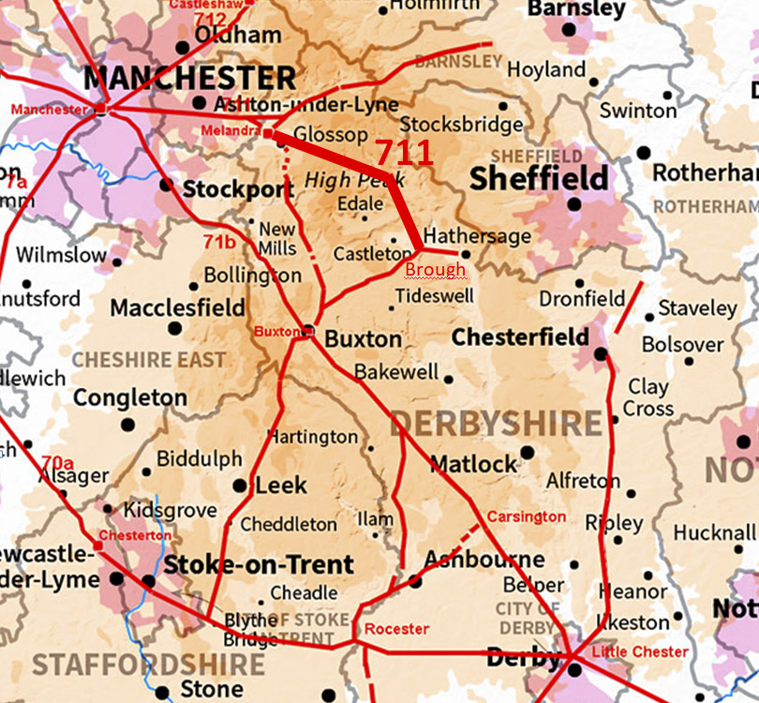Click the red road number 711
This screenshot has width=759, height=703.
pos(404,153)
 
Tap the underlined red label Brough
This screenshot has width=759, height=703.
pos(435,270)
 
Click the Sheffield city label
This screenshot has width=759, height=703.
pos(538,178)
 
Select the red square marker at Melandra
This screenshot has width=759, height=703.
pos(267,134)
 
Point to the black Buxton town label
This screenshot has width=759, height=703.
pos(363,339)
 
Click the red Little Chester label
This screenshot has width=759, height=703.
pos(640,651)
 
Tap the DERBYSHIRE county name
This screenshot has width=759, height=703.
pos(497,424)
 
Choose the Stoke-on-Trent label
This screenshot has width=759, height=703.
pos(260,565)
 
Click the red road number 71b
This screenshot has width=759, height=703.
pos(219,242)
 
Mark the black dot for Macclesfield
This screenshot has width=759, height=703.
pos(174,328)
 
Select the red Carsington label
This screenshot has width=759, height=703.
pos(526,516)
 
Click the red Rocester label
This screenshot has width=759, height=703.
pos(396,628)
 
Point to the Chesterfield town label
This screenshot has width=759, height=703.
pos(520,337)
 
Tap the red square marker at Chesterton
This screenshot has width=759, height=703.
pos(97,546)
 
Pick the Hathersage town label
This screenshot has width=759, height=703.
pos(477,235)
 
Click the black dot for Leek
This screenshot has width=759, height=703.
pos(240,486)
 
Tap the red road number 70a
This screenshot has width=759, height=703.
pos(57,462)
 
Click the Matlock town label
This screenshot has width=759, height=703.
pos(473,463)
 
